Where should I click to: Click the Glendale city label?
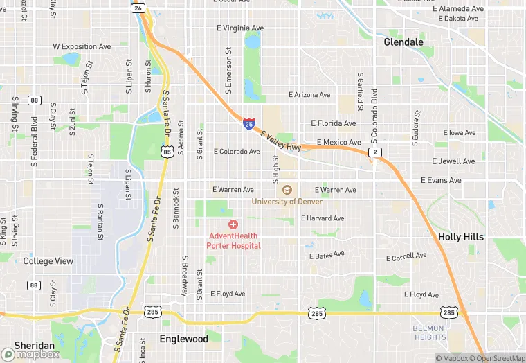pyautogui.click(x=403, y=42)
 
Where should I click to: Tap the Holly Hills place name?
pyautogui.click(x=460, y=237)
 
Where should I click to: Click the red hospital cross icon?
pyautogui.click(x=233, y=224)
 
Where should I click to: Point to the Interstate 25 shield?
pyautogui.click(x=248, y=124)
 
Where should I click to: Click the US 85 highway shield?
pyautogui.click(x=166, y=150)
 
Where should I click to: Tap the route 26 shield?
pyautogui.click(x=138, y=8)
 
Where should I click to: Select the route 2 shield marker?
pyautogui.click(x=375, y=152)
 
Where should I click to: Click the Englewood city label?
pyautogui.click(x=183, y=339)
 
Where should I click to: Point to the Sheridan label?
pyautogui.click(x=34, y=346)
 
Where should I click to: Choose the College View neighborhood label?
pyautogui.click(x=48, y=261)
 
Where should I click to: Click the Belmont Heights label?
pyautogui.click(x=429, y=333)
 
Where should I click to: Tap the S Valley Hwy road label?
pyautogui.click(x=281, y=137)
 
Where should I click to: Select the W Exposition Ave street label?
pyautogui.click(x=82, y=47)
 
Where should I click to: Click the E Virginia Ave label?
pyautogui.click(x=240, y=28)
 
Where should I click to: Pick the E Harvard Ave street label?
pyautogui.click(x=322, y=218)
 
